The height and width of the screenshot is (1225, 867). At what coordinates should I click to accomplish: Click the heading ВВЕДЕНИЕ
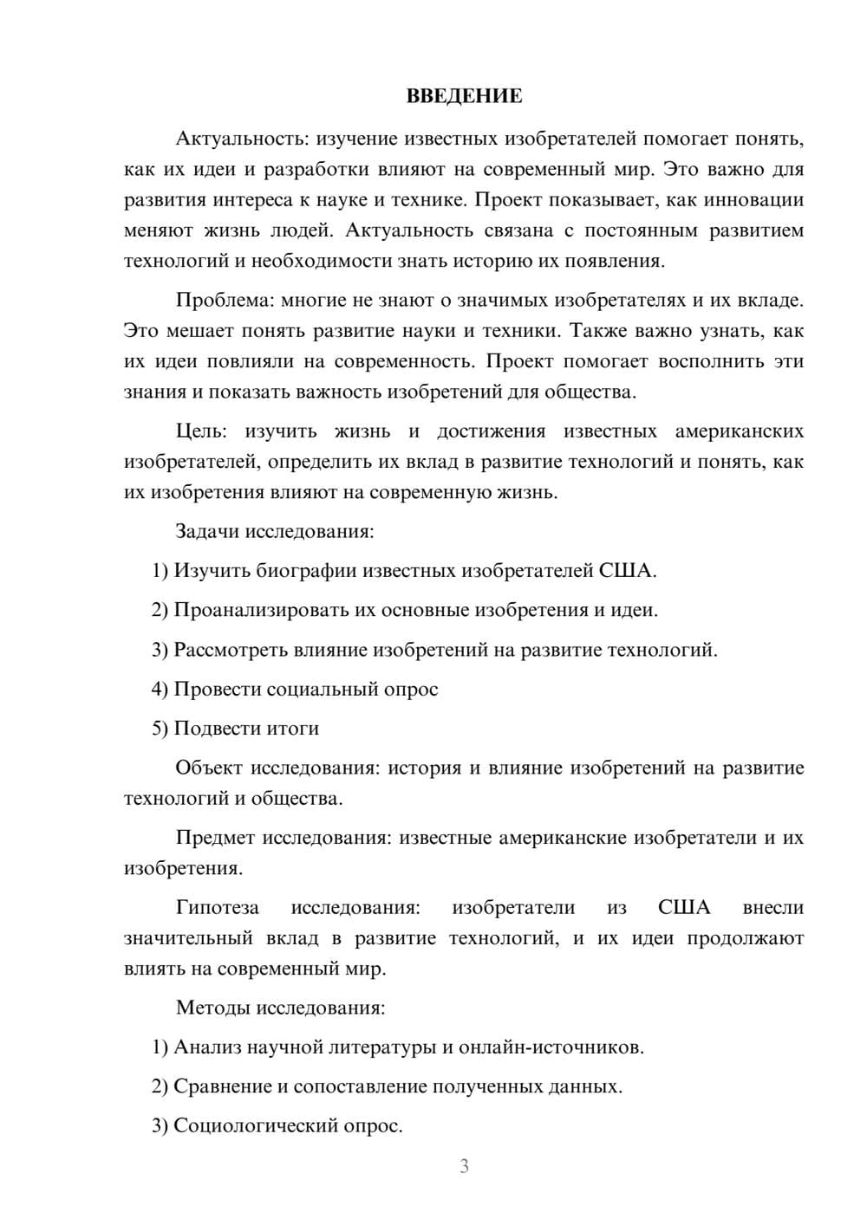coord(464,96)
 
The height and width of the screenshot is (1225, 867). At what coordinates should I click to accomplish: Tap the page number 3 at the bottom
coord(464,1166)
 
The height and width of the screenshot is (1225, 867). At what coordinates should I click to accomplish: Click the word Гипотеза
coord(217,907)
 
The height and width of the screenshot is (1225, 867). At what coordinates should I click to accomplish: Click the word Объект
coord(209,768)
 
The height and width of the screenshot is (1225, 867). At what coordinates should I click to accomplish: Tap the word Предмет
coord(215,838)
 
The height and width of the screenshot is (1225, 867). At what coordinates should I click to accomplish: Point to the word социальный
coord(317,689)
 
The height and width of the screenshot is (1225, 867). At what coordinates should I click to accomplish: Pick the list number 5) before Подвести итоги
coord(160,729)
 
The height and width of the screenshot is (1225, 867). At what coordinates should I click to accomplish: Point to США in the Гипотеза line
coord(684,907)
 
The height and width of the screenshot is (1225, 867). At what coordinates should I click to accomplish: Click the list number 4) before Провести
coord(160,689)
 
